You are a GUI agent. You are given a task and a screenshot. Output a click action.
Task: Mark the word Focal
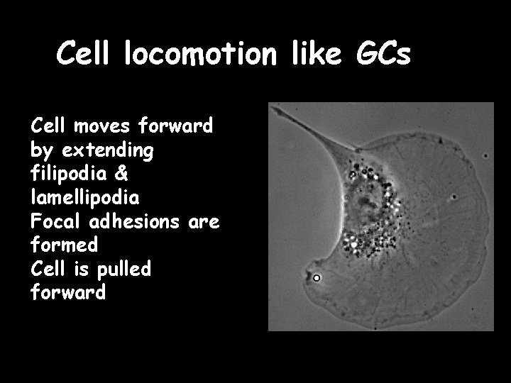(x=57, y=222)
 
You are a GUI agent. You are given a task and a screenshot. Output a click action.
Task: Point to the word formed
(x=65, y=245)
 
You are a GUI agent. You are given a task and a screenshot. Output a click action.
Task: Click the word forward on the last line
(x=68, y=292)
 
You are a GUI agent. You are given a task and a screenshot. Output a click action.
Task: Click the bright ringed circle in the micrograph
(x=317, y=278)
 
